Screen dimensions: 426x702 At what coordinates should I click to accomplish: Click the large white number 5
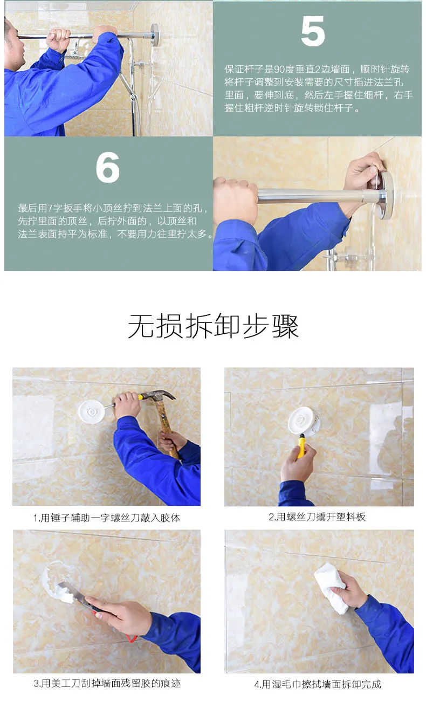[x=313, y=31]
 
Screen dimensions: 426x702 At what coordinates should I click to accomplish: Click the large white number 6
[x=107, y=167]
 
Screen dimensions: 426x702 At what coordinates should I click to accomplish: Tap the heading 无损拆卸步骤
[x=213, y=326]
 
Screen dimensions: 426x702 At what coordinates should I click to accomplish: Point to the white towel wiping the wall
[x=331, y=588]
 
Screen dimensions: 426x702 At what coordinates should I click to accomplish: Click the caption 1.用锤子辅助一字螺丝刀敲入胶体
[x=107, y=518]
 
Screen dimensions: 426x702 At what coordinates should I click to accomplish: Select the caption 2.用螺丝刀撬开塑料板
[x=317, y=517]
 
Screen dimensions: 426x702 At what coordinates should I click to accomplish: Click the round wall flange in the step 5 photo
[x=155, y=35]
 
